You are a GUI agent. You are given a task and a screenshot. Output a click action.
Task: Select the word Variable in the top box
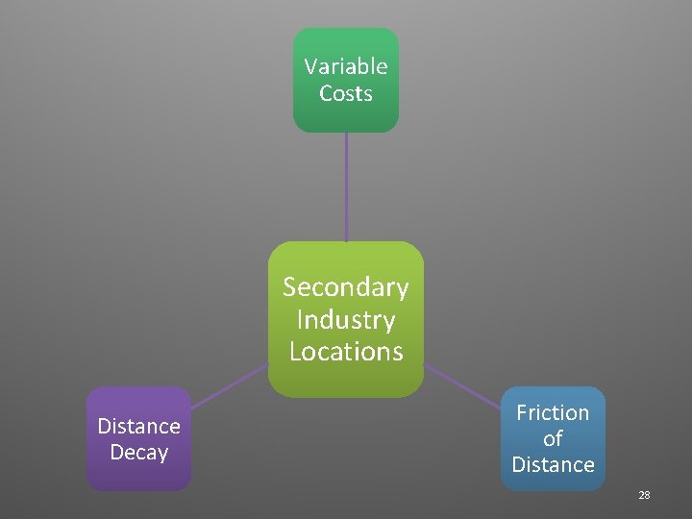click(346, 66)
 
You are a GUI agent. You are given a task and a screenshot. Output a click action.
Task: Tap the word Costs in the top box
click(346, 93)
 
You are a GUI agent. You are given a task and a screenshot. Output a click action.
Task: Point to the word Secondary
click(346, 287)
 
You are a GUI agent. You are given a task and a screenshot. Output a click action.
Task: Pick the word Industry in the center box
click(346, 319)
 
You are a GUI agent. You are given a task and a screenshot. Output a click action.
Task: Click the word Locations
click(346, 351)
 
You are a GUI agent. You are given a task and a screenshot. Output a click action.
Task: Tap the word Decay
click(139, 452)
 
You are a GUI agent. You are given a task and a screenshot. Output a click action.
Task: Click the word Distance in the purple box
click(139, 426)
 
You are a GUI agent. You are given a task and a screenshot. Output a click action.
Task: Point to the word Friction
click(553, 412)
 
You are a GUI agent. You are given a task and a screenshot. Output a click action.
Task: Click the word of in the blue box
click(553, 438)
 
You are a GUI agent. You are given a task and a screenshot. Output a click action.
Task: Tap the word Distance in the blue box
click(553, 464)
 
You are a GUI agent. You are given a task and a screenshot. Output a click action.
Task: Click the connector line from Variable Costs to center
click(346, 186)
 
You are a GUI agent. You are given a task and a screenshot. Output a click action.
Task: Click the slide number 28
click(644, 495)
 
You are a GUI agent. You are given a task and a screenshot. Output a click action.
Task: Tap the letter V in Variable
click(310, 66)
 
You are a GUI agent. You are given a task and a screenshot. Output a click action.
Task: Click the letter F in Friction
click(522, 412)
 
